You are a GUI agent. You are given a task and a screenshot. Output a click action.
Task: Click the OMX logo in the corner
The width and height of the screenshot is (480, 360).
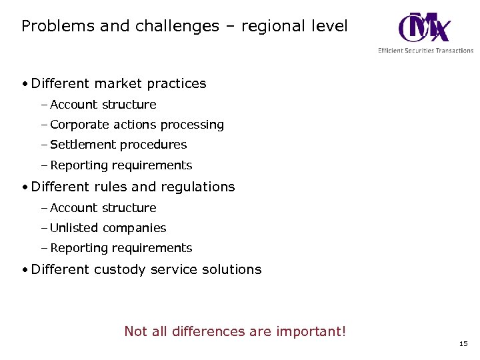point(424,27)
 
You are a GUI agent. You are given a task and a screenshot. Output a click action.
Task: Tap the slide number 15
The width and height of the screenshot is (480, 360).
point(463,344)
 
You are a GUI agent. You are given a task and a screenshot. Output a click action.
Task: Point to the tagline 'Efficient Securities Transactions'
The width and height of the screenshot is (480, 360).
point(425,50)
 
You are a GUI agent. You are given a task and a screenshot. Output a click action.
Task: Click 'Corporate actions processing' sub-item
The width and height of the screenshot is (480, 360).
point(137,125)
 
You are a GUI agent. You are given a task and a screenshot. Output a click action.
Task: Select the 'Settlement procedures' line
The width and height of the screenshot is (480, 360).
point(118,145)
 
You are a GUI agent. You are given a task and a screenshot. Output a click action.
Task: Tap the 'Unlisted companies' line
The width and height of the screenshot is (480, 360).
point(108,228)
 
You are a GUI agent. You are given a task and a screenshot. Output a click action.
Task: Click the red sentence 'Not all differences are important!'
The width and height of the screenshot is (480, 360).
point(235,331)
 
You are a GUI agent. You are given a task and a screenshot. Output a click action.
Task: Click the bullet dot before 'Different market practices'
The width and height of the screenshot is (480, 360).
point(24,85)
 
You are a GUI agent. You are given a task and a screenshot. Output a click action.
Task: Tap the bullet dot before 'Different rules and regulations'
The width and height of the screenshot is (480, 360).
point(24,188)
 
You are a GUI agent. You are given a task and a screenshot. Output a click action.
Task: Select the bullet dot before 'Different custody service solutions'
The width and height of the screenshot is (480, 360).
point(24,271)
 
